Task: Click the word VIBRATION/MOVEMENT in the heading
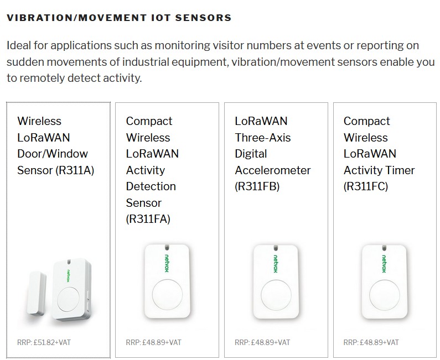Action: [76, 18]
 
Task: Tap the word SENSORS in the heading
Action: [203, 18]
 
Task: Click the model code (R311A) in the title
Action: [75, 170]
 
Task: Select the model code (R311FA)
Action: [148, 219]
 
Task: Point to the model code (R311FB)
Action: [257, 186]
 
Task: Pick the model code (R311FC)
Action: [366, 186]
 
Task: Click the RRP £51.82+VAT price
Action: [44, 342]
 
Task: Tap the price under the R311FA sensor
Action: [153, 342]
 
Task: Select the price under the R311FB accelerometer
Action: [262, 342]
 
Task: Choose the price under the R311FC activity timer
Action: [371, 342]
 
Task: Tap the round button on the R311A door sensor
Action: [68, 299]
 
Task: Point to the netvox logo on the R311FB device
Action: [276, 264]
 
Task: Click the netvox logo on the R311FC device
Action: [384, 264]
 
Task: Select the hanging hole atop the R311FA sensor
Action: [167, 248]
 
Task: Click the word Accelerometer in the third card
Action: [273, 170]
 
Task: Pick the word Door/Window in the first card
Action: [53, 154]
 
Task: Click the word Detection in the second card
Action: [151, 186]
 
